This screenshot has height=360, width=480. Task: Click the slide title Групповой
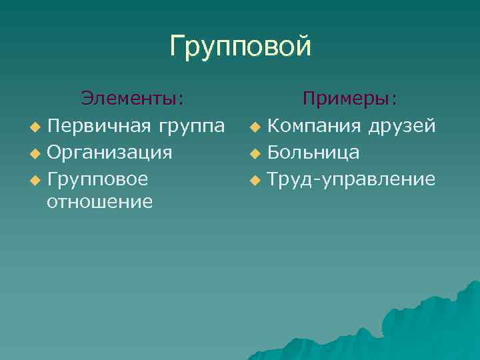pos(240,47)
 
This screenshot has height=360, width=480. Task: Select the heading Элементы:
pos(133,99)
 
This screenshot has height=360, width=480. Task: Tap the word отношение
pos(100,201)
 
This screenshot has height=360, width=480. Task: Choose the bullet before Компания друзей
pos(255,127)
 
